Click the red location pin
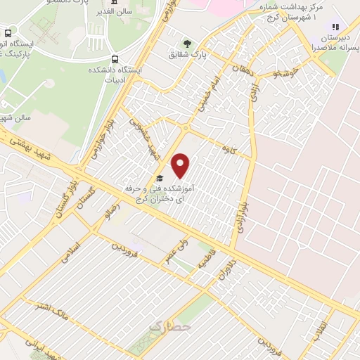click(181, 165)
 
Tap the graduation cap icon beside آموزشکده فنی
click(160, 179)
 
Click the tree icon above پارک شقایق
click(187, 42)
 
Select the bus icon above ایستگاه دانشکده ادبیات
click(115, 59)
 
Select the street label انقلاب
click(322, 330)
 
